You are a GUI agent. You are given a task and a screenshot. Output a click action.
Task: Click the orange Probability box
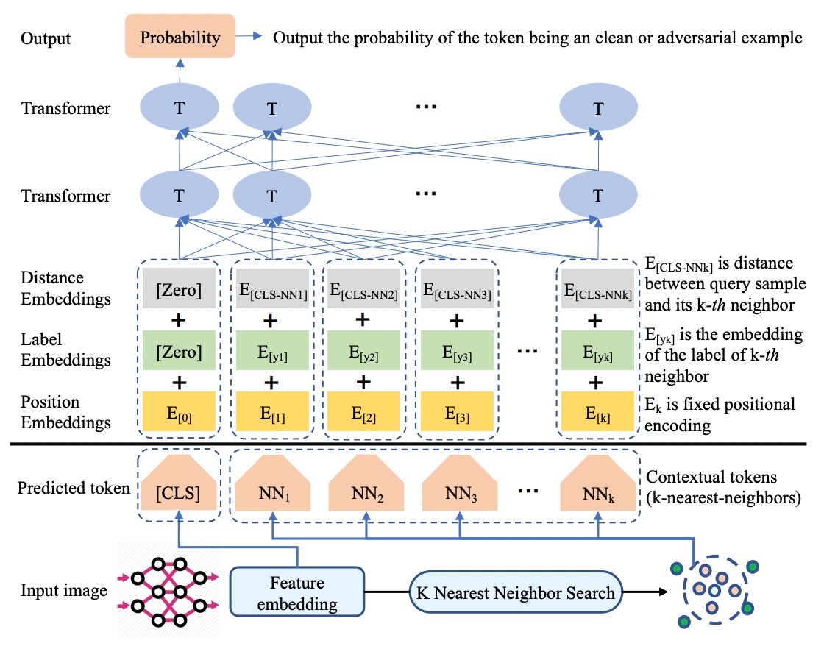pos(180,37)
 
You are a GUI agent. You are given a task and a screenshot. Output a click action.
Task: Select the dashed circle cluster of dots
pos(713,592)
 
